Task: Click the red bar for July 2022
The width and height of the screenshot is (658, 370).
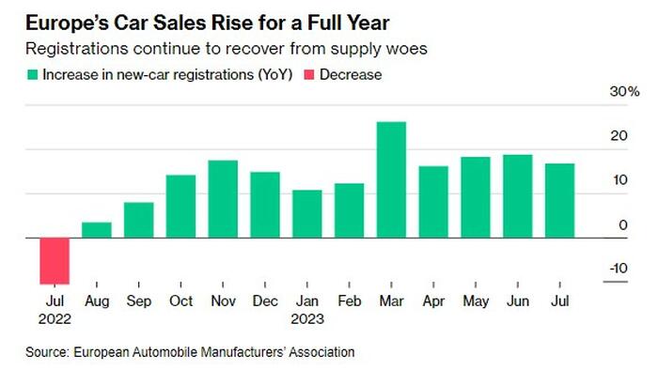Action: coord(55,261)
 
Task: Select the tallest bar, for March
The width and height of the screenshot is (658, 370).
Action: coord(392,179)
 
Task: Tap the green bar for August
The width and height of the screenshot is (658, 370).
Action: coord(97,230)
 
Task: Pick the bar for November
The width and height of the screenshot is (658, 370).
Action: coord(223,199)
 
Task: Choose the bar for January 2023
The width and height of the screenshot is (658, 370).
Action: coord(307,214)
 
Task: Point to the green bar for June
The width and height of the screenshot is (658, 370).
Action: coord(518,196)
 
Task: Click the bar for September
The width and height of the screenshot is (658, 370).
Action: coord(139,220)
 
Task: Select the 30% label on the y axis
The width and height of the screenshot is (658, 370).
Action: coord(624,91)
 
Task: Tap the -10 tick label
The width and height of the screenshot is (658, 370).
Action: coord(619,268)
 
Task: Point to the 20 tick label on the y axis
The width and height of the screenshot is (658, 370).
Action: coord(619,135)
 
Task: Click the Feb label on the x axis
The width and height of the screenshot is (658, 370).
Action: coord(349,301)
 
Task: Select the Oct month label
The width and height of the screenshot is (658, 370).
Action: coord(180,301)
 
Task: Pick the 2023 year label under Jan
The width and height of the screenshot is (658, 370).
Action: coord(307,319)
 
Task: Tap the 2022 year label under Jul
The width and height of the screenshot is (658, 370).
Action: coord(55,319)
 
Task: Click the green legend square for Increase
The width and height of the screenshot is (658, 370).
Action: coord(32,75)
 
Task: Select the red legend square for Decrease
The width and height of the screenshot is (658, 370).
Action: coord(309,75)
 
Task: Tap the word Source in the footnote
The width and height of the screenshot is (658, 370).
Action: coord(47,352)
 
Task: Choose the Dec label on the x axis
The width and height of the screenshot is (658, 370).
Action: coord(265,301)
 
